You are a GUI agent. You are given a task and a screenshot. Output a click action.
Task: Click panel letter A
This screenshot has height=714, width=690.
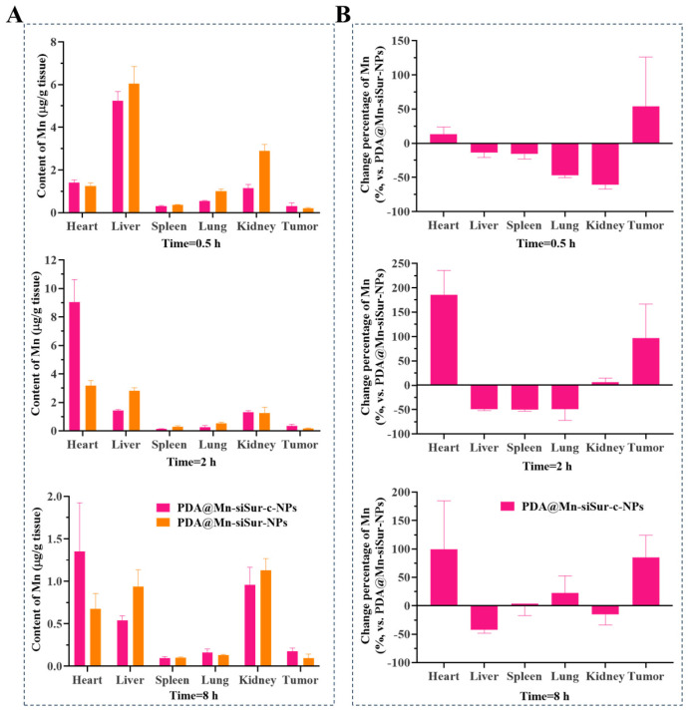[x=14, y=15]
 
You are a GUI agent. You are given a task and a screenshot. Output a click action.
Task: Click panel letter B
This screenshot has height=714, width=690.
[x=343, y=15]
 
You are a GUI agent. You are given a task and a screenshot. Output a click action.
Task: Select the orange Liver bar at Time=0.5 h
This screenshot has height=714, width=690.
[x=134, y=148]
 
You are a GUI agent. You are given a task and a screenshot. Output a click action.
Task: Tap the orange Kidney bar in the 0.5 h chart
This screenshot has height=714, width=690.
[x=264, y=181]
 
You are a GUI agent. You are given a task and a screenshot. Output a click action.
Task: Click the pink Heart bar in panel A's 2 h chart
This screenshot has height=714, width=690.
[x=75, y=366]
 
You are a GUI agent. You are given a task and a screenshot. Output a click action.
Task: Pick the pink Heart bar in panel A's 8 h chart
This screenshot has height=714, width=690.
[x=80, y=608]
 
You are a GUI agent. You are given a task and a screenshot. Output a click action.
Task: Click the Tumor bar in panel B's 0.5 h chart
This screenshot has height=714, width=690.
[x=646, y=125]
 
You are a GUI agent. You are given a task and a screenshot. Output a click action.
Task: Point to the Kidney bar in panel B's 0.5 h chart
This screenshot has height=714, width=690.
[x=605, y=164]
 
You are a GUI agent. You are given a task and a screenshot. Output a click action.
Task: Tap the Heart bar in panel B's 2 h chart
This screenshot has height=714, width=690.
[x=444, y=340]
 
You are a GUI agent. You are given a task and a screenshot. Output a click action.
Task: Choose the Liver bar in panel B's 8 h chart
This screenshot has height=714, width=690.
[x=485, y=617]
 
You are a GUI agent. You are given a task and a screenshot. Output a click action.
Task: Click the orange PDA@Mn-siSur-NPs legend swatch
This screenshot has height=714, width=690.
[x=163, y=523]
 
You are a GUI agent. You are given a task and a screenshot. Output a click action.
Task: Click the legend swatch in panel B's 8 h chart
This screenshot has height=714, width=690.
[x=508, y=507]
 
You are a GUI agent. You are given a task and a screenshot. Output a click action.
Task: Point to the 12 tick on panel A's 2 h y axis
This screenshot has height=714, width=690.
[x=51, y=260]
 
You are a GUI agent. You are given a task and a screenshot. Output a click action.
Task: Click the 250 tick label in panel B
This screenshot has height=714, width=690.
[x=400, y=263]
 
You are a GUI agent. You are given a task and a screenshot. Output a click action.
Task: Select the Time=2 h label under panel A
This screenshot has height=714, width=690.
[x=191, y=462]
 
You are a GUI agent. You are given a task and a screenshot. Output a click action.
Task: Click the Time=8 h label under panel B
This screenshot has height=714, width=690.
[x=544, y=696]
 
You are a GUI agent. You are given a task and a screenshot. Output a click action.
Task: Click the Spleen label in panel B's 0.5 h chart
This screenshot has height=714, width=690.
[x=524, y=225]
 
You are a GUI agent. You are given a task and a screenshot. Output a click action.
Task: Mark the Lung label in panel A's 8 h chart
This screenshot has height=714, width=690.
[x=215, y=680]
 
